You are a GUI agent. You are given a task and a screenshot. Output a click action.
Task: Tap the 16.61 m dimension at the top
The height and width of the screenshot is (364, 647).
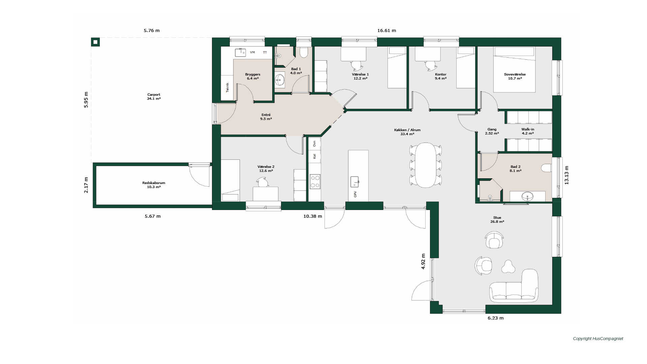387,30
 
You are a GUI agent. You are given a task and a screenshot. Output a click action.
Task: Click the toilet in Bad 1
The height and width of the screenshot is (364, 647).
304,52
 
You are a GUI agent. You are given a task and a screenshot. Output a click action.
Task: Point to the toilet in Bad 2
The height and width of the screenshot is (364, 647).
546,168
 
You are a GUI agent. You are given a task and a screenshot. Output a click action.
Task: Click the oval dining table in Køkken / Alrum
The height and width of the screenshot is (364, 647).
426,165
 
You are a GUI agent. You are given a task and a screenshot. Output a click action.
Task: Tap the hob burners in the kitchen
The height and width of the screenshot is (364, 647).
315,181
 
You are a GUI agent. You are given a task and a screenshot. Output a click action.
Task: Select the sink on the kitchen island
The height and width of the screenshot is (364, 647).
355,182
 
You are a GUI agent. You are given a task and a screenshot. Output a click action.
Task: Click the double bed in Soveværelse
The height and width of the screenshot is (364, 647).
514,69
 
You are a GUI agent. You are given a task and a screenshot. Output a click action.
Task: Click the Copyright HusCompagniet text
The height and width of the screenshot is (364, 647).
598,339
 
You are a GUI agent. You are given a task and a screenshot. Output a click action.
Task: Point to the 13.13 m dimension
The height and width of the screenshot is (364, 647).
566,175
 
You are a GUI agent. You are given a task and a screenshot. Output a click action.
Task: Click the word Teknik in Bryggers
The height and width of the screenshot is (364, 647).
227,87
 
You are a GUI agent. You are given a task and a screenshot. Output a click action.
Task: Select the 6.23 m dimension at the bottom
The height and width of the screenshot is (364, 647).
496,318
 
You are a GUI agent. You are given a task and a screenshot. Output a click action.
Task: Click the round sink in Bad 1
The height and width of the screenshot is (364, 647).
280,80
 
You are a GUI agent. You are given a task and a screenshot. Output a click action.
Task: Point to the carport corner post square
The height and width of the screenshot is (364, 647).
96,42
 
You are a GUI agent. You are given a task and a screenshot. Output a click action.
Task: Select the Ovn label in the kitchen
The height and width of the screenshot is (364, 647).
314,144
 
